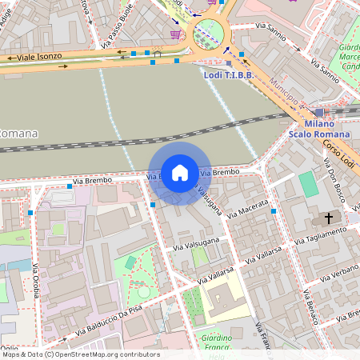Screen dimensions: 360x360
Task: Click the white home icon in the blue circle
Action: pyautogui.click(x=180, y=172)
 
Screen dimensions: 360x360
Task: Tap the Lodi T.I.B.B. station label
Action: pyautogui.click(x=228, y=74)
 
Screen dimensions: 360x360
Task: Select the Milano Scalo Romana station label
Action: pyautogui.click(x=320, y=130)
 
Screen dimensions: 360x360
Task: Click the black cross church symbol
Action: pyautogui.click(x=328, y=218)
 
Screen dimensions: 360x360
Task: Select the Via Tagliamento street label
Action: pyautogui.click(x=321, y=235)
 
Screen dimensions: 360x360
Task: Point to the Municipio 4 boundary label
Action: pyautogui.click(x=288, y=93)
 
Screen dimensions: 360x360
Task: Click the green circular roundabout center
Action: pyautogui.click(x=209, y=34)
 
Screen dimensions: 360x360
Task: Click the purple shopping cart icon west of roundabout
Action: pyautogui.click(x=175, y=34)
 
